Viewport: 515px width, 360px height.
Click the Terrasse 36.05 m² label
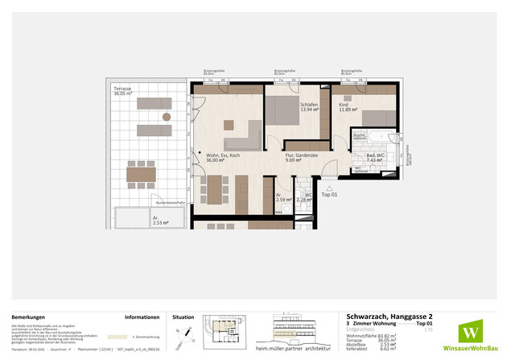(x=123, y=92)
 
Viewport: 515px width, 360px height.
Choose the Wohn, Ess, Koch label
(x=223, y=158)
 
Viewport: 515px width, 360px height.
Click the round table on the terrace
(x=167, y=117)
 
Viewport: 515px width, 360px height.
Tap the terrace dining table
(x=141, y=172)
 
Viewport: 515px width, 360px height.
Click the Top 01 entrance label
(x=330, y=195)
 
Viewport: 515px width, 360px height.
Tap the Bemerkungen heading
(x=33, y=318)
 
